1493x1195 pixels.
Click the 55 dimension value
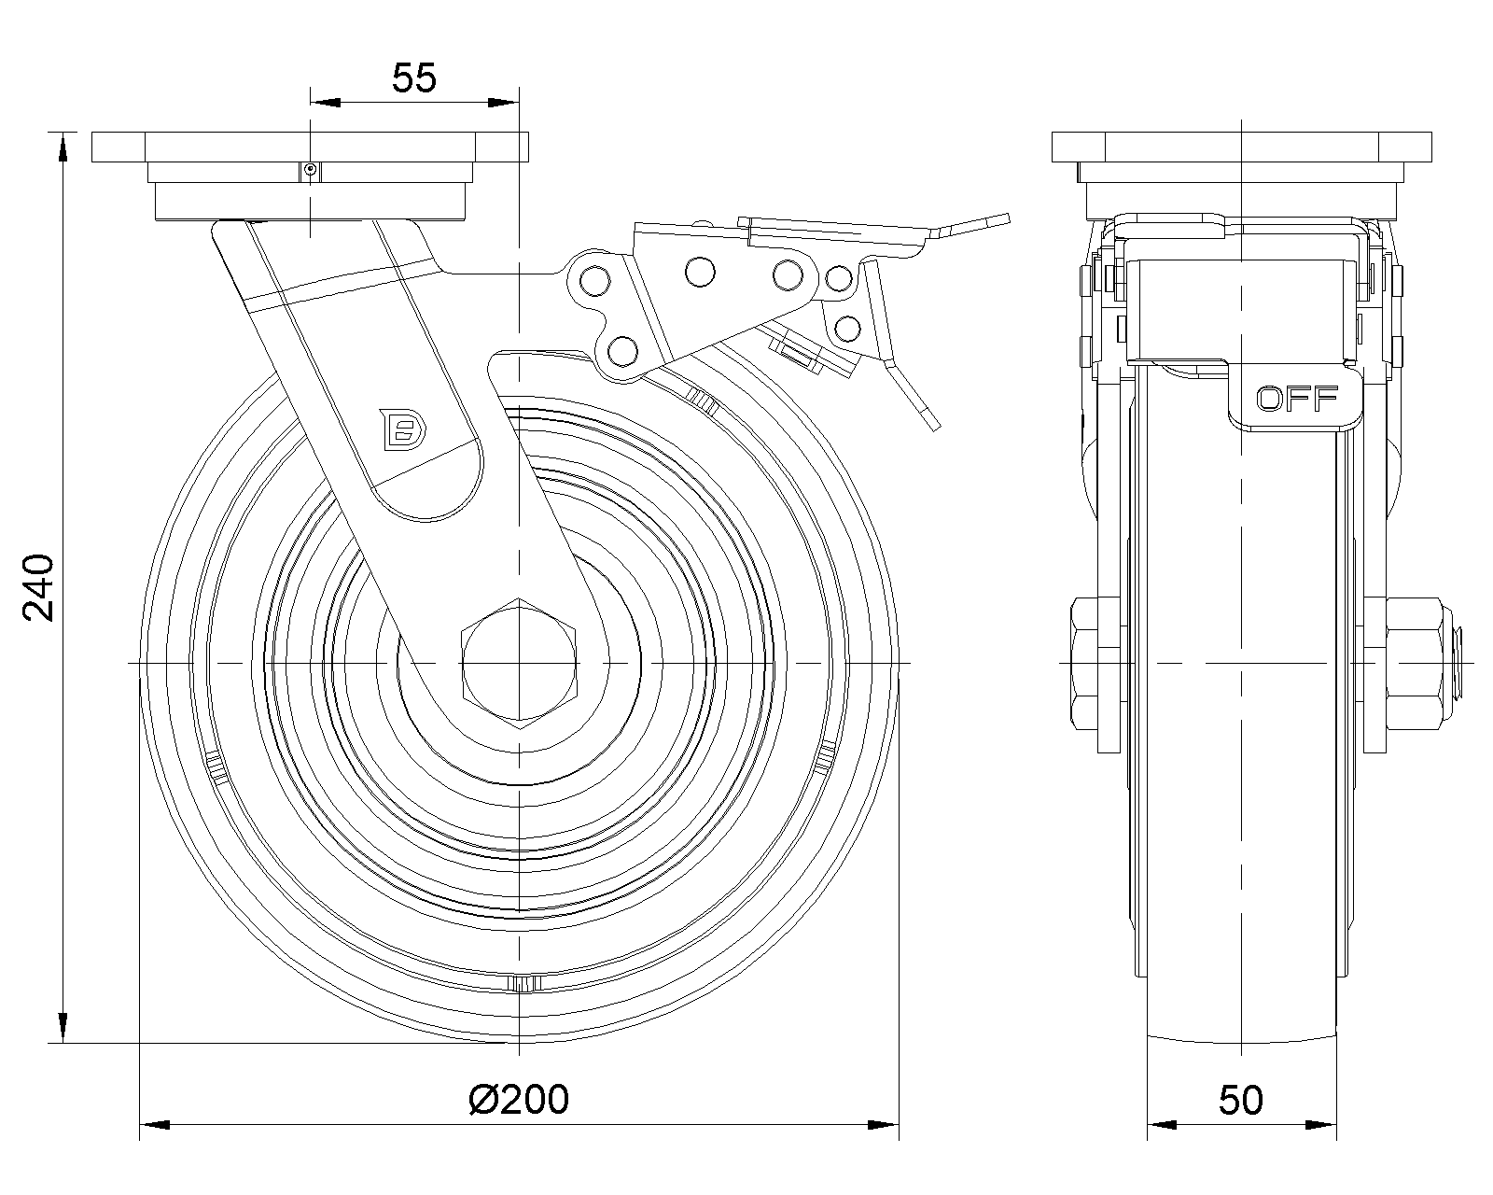414,77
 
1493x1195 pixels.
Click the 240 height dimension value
38,587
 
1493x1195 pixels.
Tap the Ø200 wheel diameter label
519,1099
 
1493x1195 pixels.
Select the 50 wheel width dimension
1241,1100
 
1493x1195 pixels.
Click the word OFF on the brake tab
1296,399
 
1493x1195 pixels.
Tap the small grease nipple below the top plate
310,169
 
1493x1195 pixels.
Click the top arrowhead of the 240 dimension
63,148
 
